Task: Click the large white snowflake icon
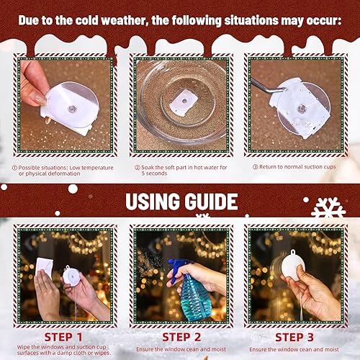(327, 210)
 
